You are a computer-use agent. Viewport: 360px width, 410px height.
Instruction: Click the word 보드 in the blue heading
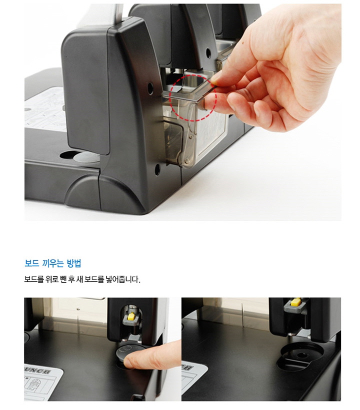click(31, 263)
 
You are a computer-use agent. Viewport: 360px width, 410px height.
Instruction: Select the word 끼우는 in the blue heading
click(53, 263)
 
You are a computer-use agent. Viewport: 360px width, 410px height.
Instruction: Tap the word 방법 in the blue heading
click(74, 263)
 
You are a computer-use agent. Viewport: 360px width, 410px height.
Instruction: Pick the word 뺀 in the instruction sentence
click(63, 279)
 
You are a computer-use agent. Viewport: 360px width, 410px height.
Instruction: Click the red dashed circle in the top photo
click(193, 98)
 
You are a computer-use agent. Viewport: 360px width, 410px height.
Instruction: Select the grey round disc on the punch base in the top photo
click(86, 157)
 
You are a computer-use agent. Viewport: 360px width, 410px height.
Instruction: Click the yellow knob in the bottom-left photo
click(131, 317)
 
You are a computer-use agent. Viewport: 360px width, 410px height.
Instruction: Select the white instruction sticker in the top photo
click(46, 109)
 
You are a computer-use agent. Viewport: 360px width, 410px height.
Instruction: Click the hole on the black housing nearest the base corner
click(157, 170)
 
